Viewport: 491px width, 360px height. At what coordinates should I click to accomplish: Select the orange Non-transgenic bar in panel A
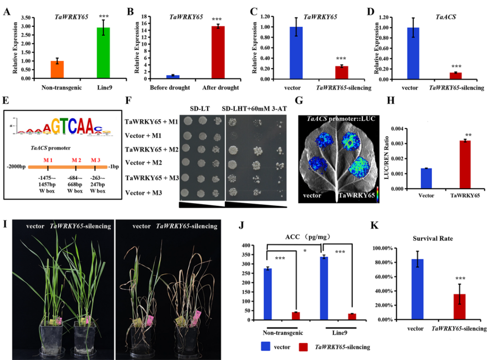(57, 70)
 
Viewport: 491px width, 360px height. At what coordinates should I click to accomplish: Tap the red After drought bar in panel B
(218, 53)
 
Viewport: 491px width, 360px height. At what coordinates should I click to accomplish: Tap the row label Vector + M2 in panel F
(150, 163)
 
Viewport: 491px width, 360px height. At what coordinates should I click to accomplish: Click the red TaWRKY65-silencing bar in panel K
(460, 306)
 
